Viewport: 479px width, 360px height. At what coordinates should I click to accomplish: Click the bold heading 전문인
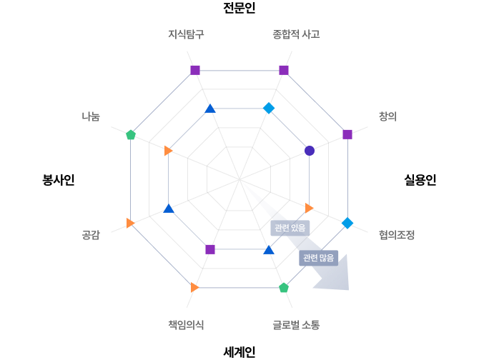239,8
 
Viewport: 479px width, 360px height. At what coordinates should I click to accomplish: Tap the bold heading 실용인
420,180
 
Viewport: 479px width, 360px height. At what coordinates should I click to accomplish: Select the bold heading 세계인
239,352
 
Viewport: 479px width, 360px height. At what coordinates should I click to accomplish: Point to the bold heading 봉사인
59,180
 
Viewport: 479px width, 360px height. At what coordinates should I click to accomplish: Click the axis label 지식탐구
186,34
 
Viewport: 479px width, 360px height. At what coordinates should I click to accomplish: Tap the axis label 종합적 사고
296,34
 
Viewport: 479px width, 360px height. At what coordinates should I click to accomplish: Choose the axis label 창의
387,116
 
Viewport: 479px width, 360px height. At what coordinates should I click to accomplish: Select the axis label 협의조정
397,234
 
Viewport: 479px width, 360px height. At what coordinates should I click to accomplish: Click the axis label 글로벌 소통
296,324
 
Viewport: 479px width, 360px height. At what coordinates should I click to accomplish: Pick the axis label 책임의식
186,324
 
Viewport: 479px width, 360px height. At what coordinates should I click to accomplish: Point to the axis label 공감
91,234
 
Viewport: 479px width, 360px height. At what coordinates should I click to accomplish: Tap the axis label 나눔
91,116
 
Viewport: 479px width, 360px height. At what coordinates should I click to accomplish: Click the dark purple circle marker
310,151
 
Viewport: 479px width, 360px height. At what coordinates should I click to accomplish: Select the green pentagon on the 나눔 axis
131,134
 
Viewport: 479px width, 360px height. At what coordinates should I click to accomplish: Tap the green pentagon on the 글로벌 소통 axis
284,288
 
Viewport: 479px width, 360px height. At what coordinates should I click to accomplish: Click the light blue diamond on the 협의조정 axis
347,223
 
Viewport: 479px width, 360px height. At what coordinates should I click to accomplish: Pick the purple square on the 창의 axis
347,134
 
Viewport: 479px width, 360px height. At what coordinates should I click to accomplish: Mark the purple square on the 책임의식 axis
210,249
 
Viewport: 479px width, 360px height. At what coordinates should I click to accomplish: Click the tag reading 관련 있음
290,228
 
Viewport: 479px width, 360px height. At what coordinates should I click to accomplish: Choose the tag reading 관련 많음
318,258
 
